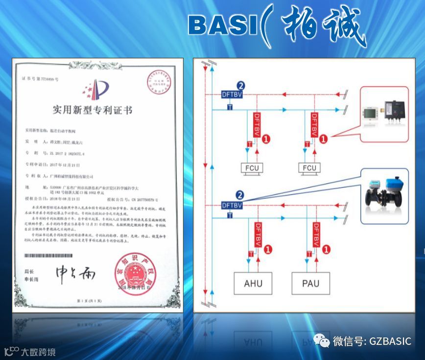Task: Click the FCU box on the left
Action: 253,168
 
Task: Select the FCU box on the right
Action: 309,168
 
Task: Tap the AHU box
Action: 253,283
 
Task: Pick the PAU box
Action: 310,283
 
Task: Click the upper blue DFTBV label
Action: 232,94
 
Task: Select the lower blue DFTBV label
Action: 232,205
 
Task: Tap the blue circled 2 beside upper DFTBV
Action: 240,85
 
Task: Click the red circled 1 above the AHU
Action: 267,250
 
